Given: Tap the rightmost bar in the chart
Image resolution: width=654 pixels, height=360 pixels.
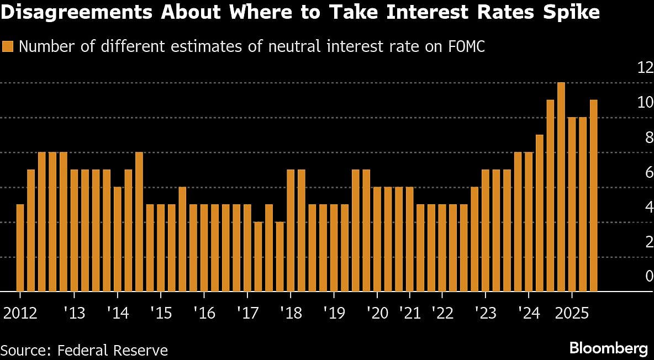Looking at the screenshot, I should [x=594, y=195].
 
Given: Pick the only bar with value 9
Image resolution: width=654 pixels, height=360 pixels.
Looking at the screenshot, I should [x=540, y=213].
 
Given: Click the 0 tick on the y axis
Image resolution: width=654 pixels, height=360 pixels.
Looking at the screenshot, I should [x=649, y=276].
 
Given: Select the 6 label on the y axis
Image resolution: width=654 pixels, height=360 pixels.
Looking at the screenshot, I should [x=649, y=172].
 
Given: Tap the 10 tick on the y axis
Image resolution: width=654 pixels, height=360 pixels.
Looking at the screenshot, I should [x=645, y=103].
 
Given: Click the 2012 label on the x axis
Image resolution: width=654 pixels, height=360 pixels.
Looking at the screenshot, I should [x=20, y=313].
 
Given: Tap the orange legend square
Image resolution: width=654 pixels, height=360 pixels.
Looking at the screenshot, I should [x=8, y=46].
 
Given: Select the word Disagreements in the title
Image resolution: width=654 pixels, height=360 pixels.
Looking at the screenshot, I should [x=77, y=13].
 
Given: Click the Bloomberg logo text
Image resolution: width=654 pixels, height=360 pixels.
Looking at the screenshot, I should [x=608, y=348].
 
